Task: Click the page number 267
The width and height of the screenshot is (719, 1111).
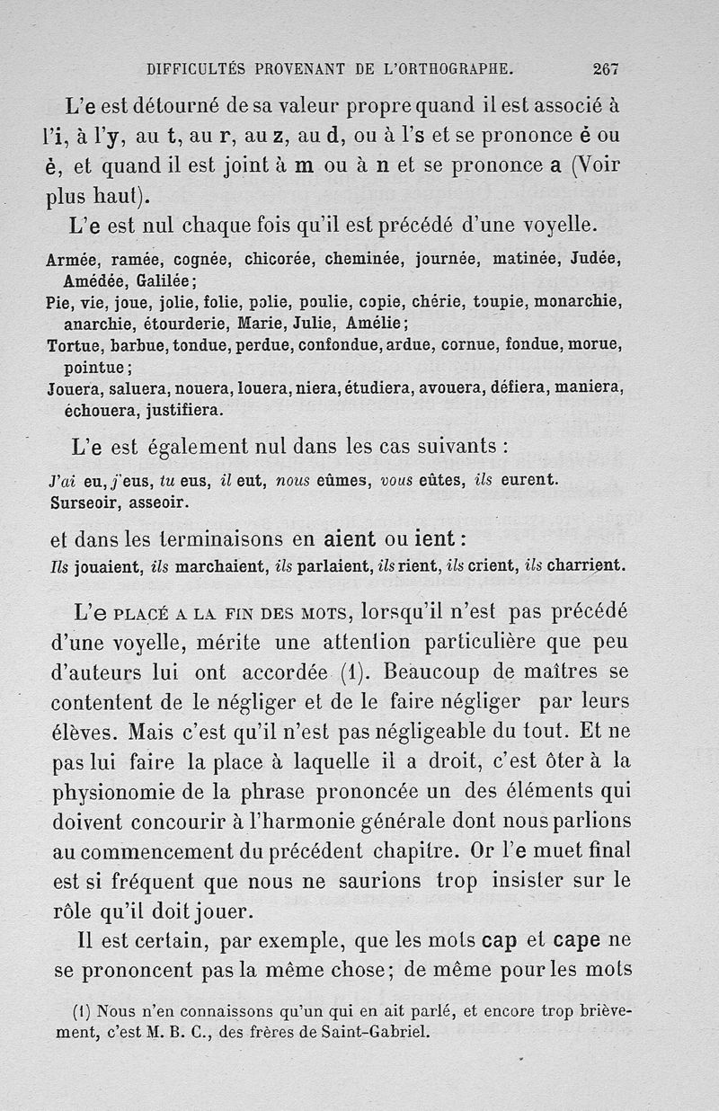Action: [x=606, y=67]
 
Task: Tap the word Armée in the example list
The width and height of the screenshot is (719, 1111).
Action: [x=71, y=261]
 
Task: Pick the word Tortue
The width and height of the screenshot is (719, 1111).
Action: [x=72, y=345]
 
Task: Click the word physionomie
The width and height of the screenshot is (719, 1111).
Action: [x=116, y=795]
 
